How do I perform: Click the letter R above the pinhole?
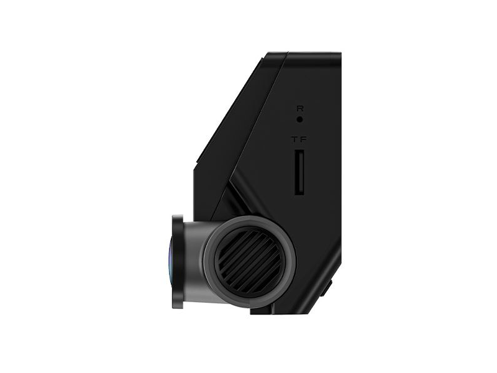[x=299, y=108]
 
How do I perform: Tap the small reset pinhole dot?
[x=299, y=118]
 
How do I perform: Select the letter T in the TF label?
[x=294, y=140]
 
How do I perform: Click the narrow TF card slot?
[x=299, y=172]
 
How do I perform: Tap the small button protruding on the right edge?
[x=328, y=288]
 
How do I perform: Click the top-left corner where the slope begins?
[x=264, y=55]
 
